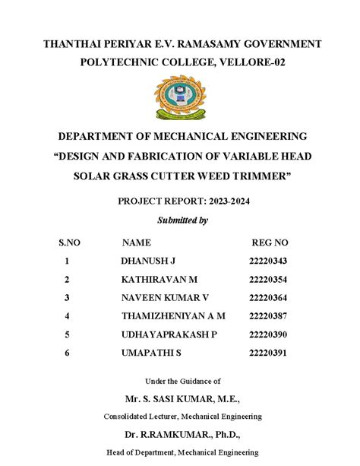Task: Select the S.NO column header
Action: (x=69, y=243)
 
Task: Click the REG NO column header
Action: (x=270, y=243)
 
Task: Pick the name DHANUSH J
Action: (x=148, y=261)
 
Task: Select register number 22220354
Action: (x=269, y=279)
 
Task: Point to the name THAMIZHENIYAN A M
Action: (x=172, y=315)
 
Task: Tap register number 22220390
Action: (x=269, y=334)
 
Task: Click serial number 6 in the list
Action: (x=67, y=353)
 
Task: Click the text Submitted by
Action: (x=182, y=220)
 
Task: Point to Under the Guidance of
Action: (x=182, y=381)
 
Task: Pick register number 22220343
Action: (x=269, y=261)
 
